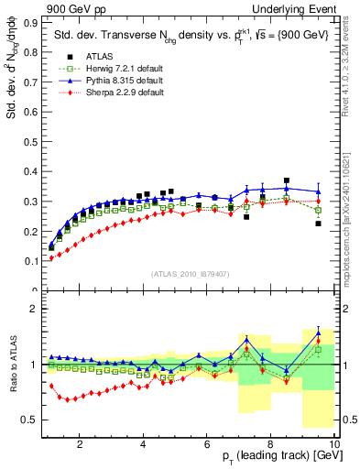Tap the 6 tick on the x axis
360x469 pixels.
207,443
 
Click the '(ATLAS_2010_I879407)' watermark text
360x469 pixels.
190,272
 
